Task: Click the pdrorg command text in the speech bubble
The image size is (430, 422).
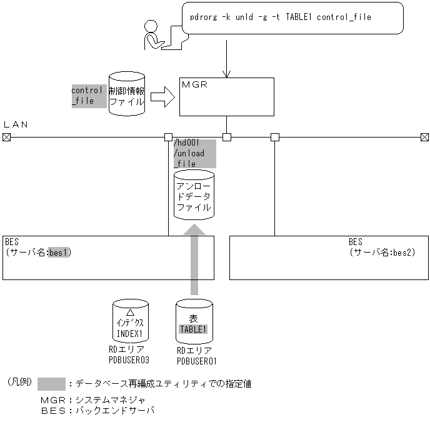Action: click(280, 18)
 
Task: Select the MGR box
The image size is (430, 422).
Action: click(226, 96)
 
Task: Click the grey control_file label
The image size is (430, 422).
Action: click(87, 95)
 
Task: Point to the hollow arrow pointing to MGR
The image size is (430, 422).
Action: click(162, 96)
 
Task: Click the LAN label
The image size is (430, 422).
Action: click(16, 124)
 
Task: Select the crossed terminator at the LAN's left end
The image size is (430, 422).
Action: click(6, 136)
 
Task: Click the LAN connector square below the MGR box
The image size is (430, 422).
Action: click(227, 136)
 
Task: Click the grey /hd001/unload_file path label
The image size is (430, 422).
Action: click(193, 154)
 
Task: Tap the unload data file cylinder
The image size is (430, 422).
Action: click(193, 194)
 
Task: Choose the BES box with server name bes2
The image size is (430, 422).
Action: click(329, 257)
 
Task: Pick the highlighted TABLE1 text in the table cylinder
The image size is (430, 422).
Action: click(193, 329)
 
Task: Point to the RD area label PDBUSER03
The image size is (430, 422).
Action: click(131, 361)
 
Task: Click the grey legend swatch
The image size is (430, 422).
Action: click(51, 383)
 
